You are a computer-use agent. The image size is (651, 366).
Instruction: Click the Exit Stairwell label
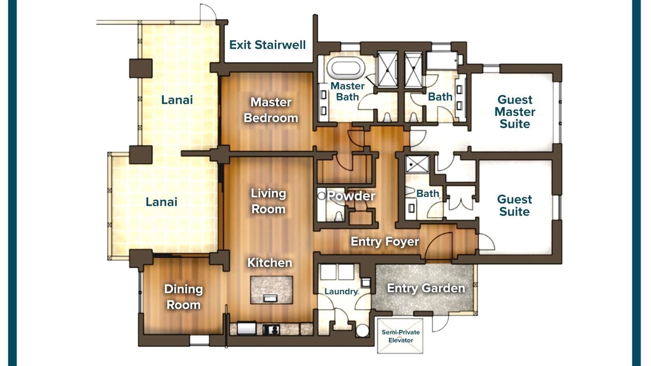[268, 45]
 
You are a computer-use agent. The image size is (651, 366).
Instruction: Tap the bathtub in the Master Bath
[345, 69]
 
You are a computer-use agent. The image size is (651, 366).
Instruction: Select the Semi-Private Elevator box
[400, 336]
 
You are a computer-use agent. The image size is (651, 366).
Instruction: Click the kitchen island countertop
[272, 290]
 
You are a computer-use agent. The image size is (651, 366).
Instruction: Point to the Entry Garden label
[426, 288]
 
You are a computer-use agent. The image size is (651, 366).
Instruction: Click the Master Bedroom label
[271, 110]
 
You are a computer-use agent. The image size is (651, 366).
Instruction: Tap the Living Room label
[268, 201]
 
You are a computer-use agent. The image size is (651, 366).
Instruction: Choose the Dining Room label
[184, 297]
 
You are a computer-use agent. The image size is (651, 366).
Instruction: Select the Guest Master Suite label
[515, 112]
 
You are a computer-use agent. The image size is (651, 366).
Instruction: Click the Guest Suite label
[514, 205]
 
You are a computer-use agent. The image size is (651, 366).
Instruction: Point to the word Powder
[351, 196]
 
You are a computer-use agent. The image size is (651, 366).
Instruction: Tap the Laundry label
[341, 291]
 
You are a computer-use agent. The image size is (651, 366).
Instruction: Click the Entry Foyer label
[385, 241]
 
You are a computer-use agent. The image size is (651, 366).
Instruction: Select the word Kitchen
[270, 263]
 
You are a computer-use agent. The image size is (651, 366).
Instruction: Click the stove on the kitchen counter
[272, 330]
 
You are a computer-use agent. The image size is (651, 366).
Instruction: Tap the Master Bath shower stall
[388, 70]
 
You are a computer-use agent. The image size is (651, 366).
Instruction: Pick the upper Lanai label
[177, 100]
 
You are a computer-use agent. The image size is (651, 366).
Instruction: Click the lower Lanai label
[161, 202]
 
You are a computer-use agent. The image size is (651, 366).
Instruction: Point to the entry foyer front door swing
[438, 246]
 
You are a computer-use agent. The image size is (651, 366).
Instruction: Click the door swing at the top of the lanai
[208, 12]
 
